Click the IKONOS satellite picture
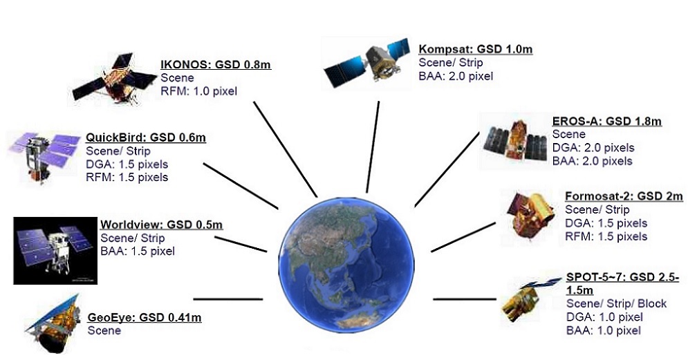[x=114, y=78]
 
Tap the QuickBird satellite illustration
[x=44, y=155]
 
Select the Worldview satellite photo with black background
[x=55, y=250]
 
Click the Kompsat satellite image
[x=366, y=63]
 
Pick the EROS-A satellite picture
[x=515, y=141]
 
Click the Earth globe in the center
[x=346, y=265]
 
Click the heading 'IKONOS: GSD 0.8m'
[x=216, y=65]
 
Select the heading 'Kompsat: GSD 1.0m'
[x=476, y=48]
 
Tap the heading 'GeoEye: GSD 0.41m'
[x=145, y=317]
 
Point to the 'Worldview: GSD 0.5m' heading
[x=162, y=225]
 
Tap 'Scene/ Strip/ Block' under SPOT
[x=616, y=303]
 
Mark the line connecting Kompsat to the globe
[x=373, y=147]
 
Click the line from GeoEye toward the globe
[x=228, y=299]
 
